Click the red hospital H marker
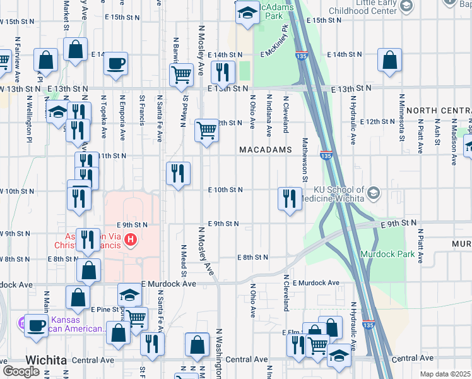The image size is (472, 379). [x=131, y=239]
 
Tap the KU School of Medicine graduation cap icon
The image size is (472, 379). [x=374, y=192]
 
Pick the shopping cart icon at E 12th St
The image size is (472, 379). [x=206, y=130]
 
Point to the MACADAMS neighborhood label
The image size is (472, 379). [x=266, y=150]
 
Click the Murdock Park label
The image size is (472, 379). [x=387, y=254]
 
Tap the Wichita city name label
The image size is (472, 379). [x=46, y=360]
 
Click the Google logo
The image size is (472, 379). [x=21, y=371]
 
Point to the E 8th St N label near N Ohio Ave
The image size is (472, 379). [x=253, y=257]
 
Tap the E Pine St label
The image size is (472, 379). [x=105, y=310]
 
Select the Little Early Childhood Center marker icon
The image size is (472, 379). [x=406, y=6]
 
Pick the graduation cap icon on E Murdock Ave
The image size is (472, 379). [x=129, y=294]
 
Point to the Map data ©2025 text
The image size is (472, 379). [x=445, y=374]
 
